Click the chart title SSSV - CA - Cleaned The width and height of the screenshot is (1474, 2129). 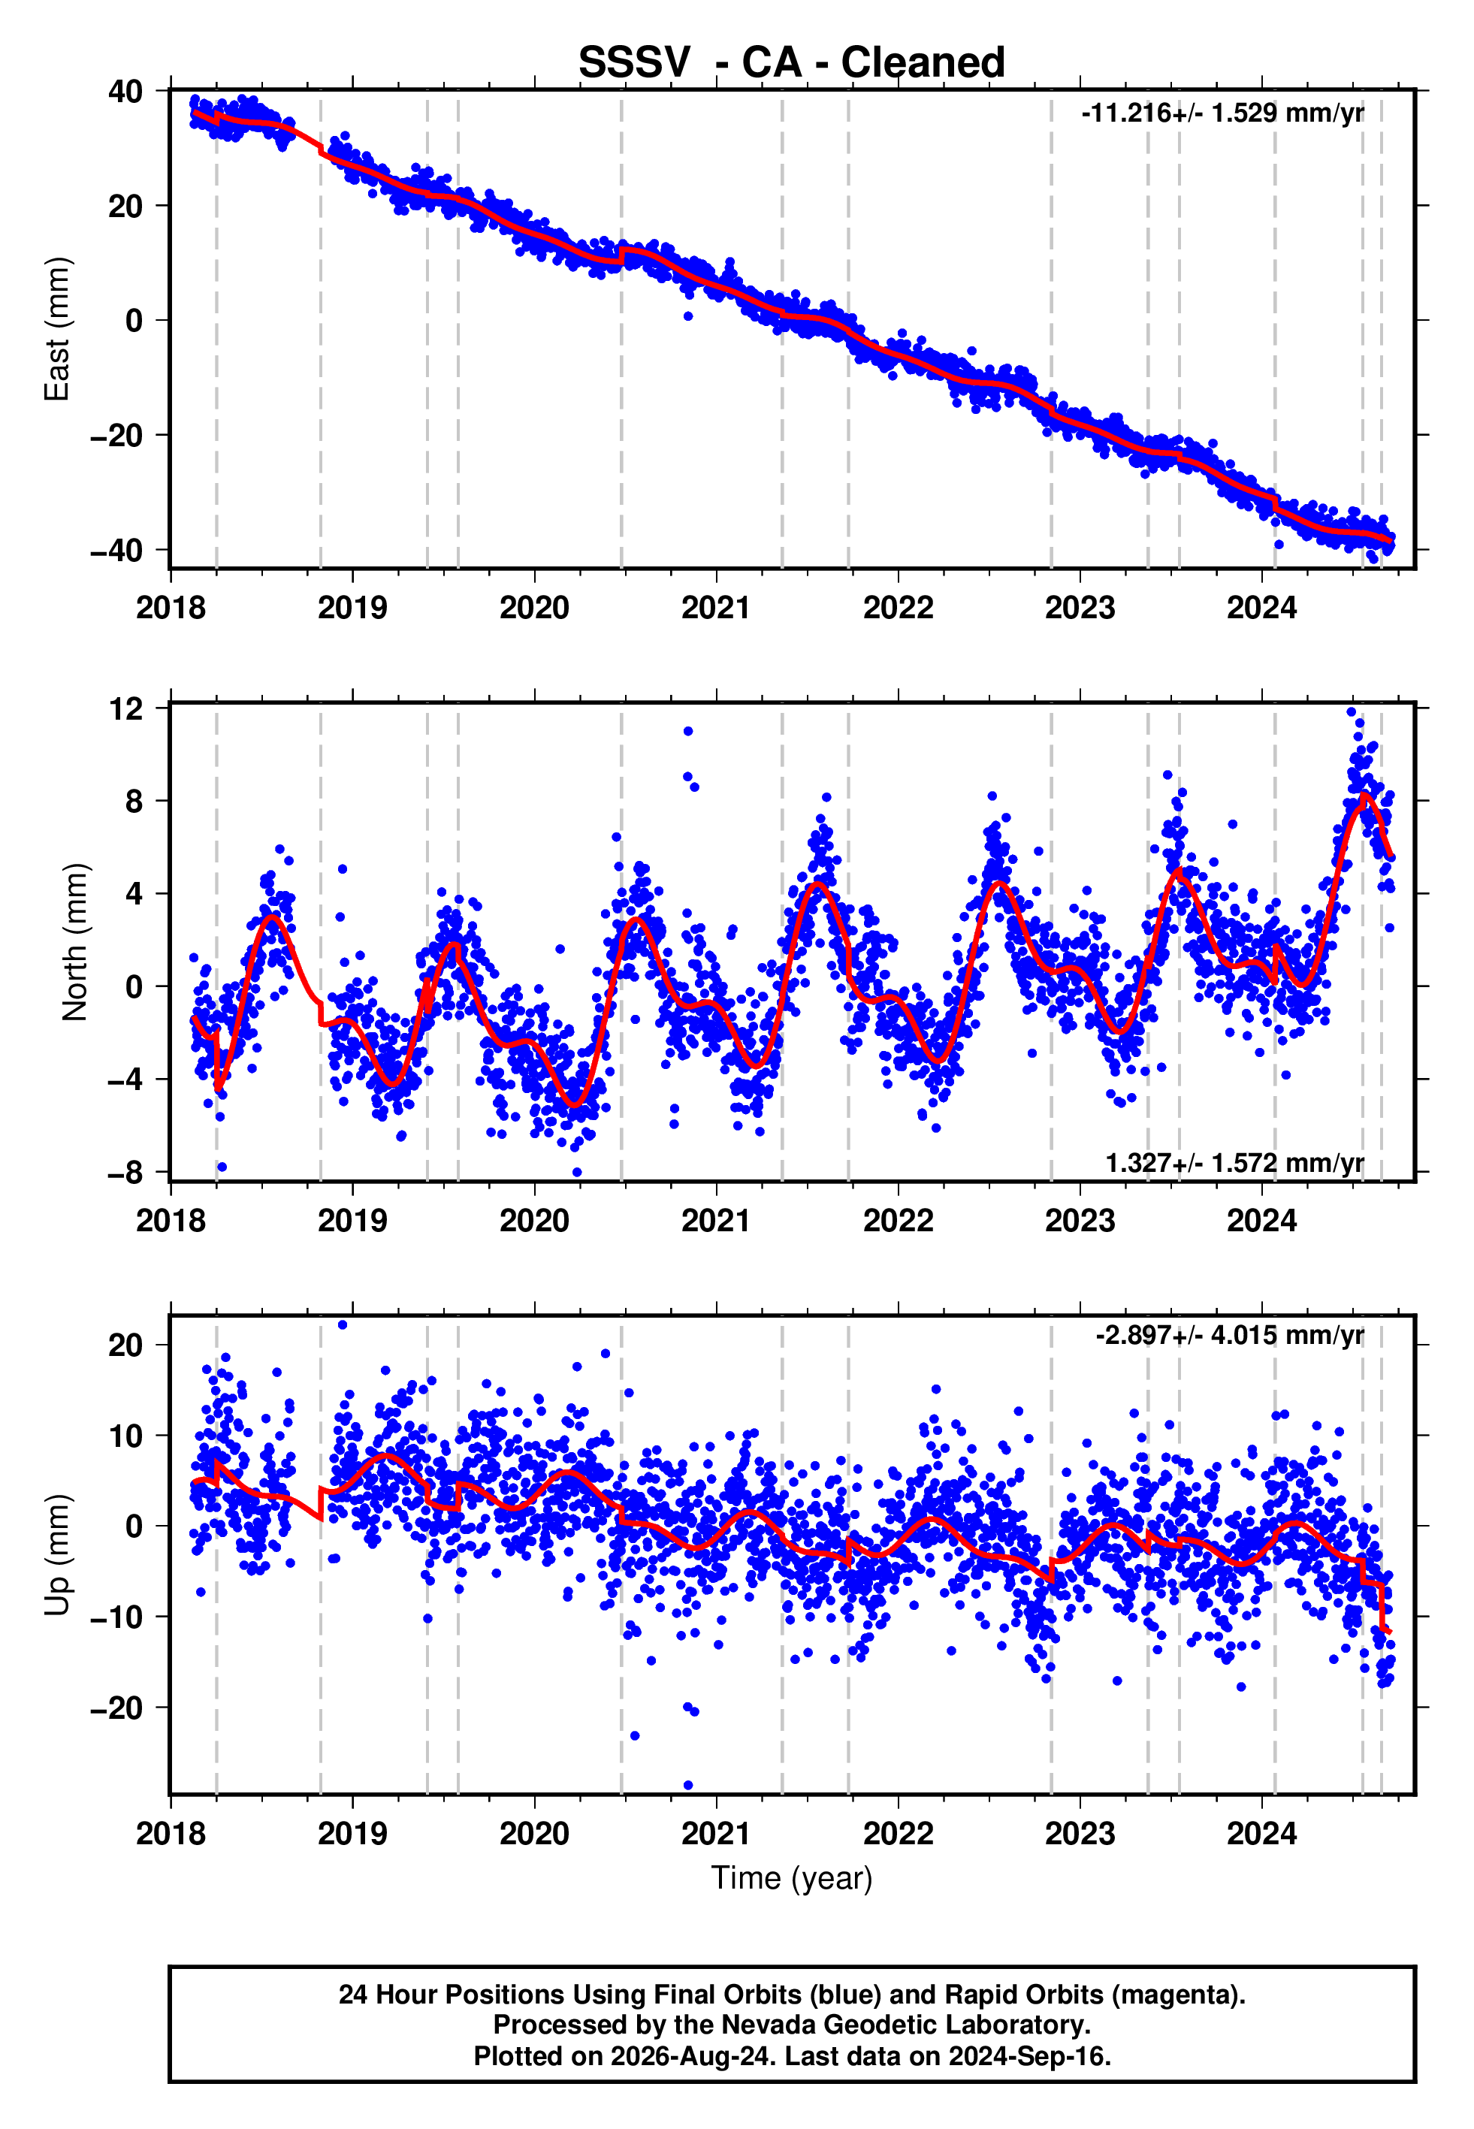coord(792,63)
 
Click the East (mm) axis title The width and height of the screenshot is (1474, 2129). coord(57,329)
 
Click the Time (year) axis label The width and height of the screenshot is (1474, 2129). coord(792,1879)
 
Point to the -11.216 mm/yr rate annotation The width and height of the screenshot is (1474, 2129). coord(1223,113)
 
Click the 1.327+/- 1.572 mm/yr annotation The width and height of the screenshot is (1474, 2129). coord(1235,1163)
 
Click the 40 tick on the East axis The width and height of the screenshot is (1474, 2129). coord(125,92)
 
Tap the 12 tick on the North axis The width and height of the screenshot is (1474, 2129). coord(125,708)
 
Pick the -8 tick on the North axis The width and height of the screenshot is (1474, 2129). coord(125,1173)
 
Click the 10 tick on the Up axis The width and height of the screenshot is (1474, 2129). coord(125,1436)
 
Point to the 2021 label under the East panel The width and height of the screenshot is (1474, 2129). coord(717,608)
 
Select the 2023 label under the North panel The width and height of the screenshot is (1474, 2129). coord(1080,1221)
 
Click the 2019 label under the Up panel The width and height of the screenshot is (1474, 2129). coord(353,1833)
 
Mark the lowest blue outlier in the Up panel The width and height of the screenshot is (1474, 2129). coord(688,1785)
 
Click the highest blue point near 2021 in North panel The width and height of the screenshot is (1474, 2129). coord(688,731)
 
